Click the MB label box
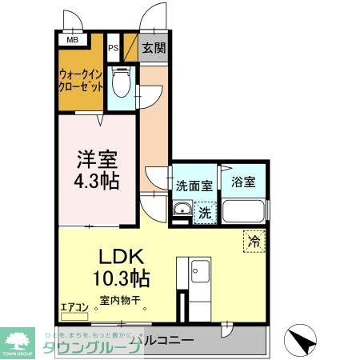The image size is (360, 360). coord(72,39)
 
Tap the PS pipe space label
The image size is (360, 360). coord(113,48)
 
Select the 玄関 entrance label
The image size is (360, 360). coord(154,48)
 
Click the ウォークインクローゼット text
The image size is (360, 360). coord(79,82)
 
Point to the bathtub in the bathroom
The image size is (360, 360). coord(244,212)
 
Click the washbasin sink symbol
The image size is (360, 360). coord(181,212)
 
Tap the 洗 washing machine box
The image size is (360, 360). coord(205,213)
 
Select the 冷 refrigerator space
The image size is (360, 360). coord(254,240)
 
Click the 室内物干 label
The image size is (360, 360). coord(120,302)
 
